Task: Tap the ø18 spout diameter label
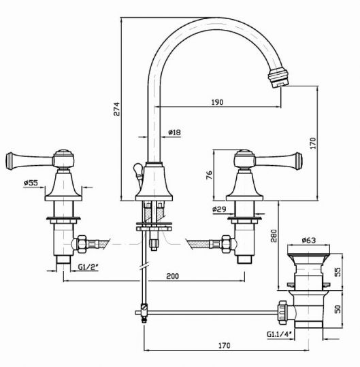click(x=174, y=133)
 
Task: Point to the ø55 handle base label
click(x=30, y=183)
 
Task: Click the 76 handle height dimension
click(x=210, y=175)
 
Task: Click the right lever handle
click(x=272, y=160)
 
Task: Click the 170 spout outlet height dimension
click(x=312, y=143)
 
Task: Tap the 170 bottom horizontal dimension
click(x=225, y=345)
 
